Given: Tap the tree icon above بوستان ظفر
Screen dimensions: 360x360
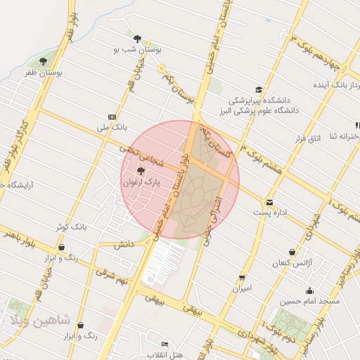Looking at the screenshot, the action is [46, 61].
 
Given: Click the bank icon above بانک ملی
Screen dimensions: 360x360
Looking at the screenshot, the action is [112, 117].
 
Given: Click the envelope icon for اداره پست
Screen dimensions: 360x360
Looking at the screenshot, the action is [270, 202].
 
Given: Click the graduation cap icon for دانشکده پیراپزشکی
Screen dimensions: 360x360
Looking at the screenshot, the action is [259, 89].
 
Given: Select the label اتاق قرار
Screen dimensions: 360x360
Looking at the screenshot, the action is [306, 139].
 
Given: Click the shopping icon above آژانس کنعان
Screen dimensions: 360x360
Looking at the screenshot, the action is [292, 252].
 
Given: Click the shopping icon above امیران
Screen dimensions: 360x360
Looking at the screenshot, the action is [242, 278].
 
